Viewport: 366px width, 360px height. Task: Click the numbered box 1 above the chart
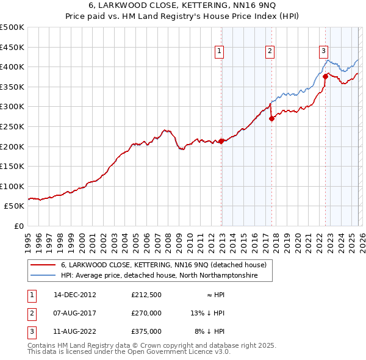tap(219, 52)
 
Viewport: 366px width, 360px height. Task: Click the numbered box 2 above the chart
tap(270, 52)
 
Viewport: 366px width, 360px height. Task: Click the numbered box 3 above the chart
tap(323, 52)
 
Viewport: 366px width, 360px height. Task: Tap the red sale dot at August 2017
tap(271, 119)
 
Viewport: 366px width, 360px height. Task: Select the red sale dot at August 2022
tap(325, 77)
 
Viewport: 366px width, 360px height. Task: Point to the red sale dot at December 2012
tap(221, 142)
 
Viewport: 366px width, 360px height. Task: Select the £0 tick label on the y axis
tap(18, 226)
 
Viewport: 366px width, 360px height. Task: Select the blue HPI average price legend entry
tap(159, 276)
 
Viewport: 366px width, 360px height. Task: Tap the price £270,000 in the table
tap(146, 313)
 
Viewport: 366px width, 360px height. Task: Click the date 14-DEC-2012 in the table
tap(75, 294)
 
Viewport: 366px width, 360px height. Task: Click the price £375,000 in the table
tap(146, 332)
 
